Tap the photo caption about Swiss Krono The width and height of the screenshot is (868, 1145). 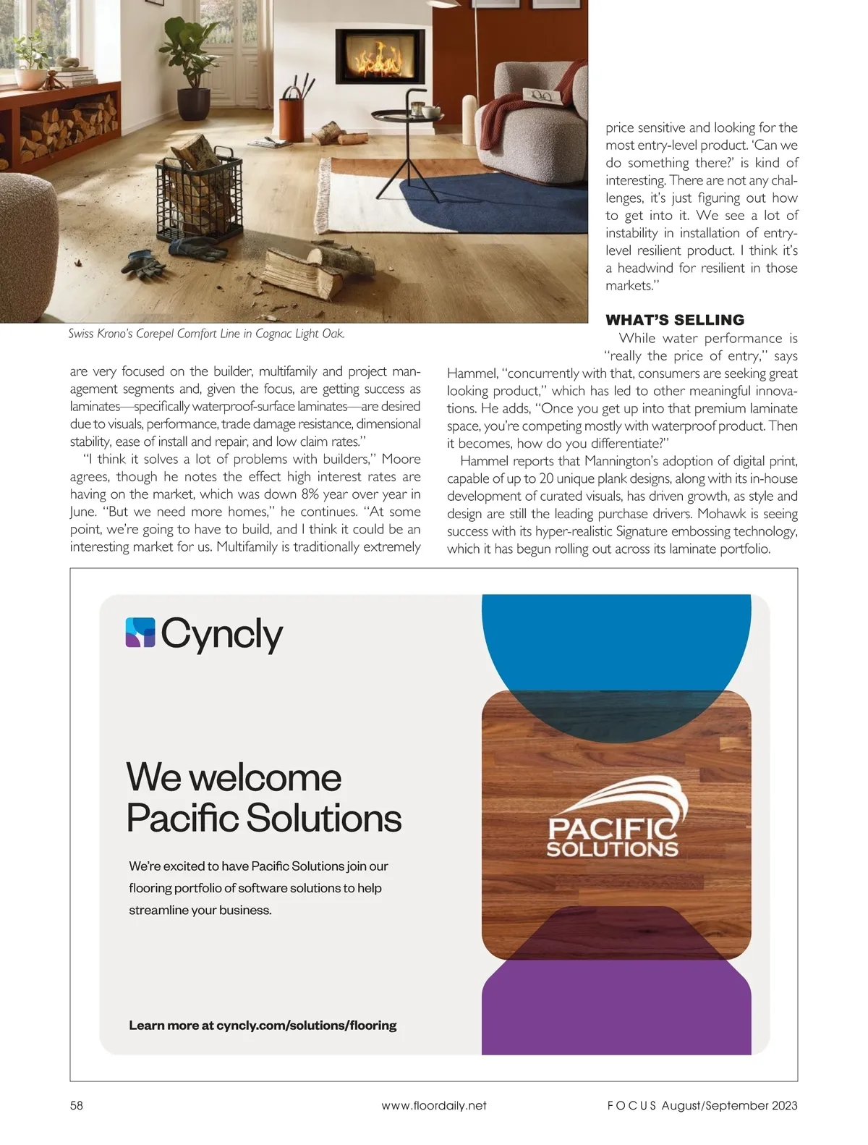pyautogui.click(x=206, y=334)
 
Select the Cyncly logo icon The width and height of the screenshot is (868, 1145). pyautogui.click(x=140, y=632)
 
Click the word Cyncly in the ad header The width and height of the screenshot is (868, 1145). pyautogui.click(x=221, y=635)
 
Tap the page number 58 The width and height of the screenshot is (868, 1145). pyautogui.click(x=77, y=1105)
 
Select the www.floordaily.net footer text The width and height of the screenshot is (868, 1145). pyautogui.click(x=434, y=1105)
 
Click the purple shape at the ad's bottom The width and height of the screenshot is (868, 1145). pyautogui.click(x=615, y=1010)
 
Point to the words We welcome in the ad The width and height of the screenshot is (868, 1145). pyautogui.click(x=234, y=777)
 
